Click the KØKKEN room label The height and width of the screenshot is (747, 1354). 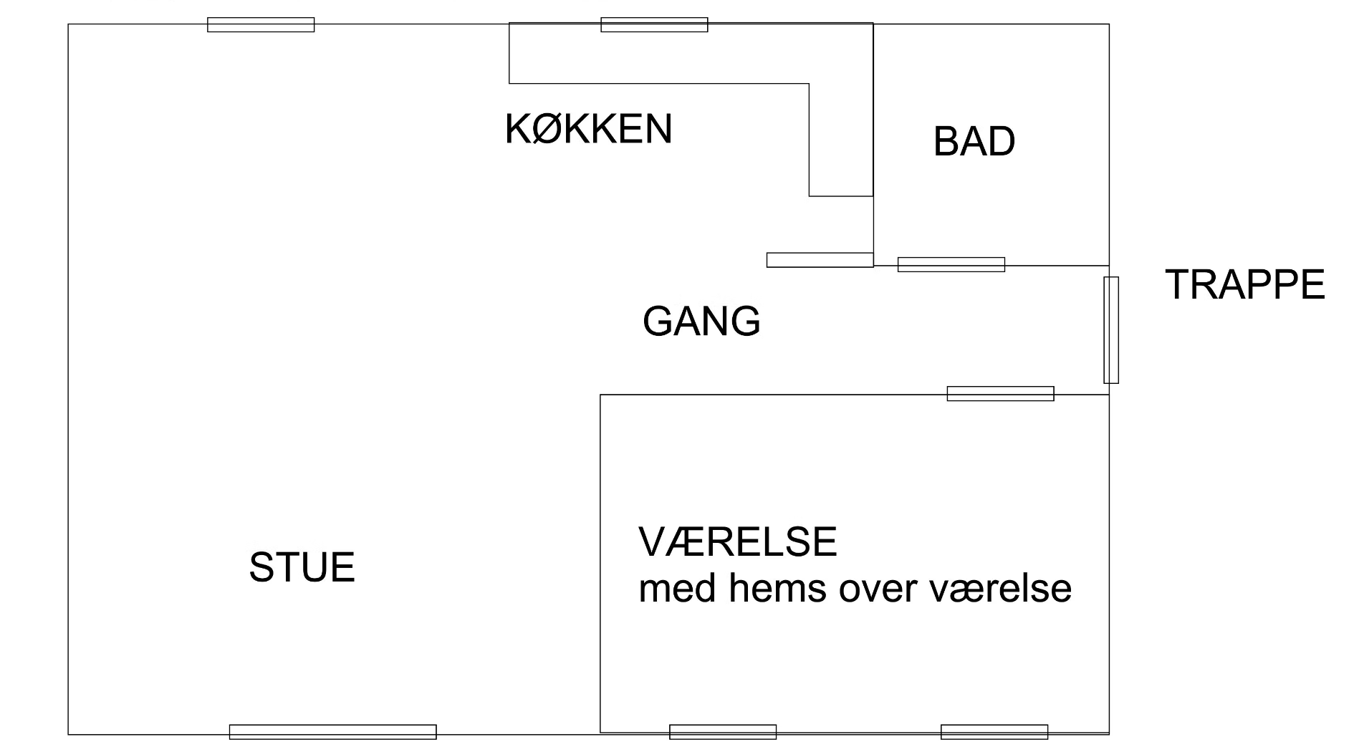pyautogui.click(x=588, y=130)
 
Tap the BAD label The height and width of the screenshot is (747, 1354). pyautogui.click(x=974, y=141)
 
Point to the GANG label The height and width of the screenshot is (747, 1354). pyautogui.click(x=701, y=321)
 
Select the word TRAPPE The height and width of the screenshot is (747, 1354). pyautogui.click(x=1245, y=284)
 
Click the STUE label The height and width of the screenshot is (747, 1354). pyautogui.click(x=302, y=567)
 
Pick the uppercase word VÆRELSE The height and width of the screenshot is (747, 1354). pyautogui.click(x=737, y=541)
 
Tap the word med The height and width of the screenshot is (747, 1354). pyautogui.click(x=676, y=589)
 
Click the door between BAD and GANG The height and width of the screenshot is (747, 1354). pyautogui.click(x=951, y=264)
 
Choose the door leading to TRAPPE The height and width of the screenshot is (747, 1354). pyautogui.click(x=1110, y=330)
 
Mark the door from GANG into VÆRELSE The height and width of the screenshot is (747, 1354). pyautogui.click(x=1000, y=393)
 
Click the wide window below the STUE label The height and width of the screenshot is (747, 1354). pyautogui.click(x=332, y=731)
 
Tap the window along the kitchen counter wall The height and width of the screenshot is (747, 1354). pyautogui.click(x=654, y=24)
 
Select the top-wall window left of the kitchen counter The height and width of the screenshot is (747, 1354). pyautogui.click(x=261, y=24)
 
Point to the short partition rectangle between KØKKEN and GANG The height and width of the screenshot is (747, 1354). pyautogui.click(x=820, y=260)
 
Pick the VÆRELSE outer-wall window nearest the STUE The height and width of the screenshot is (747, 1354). pyautogui.click(x=722, y=731)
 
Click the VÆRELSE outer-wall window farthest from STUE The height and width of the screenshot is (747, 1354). pyautogui.click(x=994, y=731)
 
